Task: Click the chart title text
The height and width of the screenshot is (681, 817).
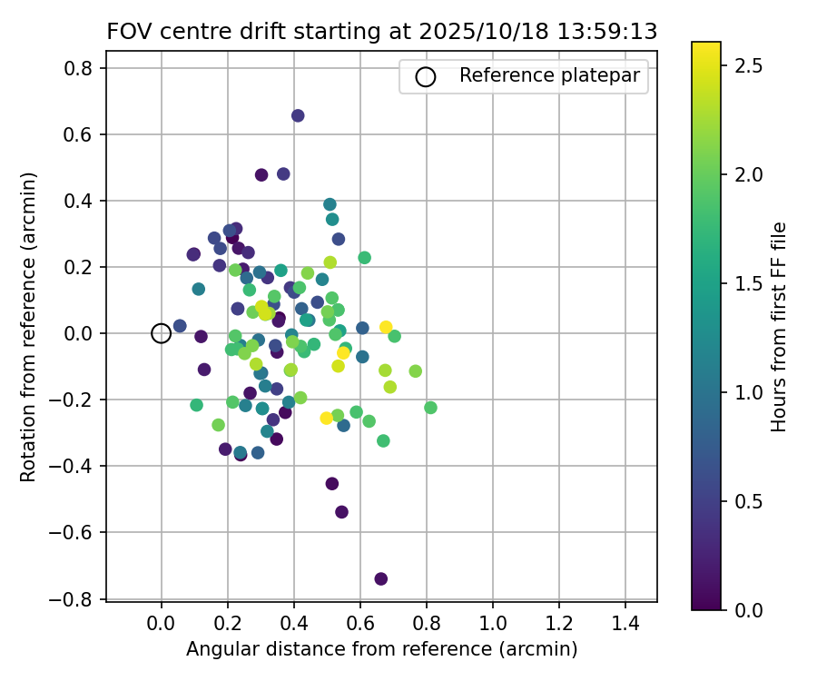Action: (381, 32)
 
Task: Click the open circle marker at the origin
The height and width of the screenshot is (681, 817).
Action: (161, 333)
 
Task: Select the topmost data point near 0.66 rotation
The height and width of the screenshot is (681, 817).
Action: (298, 115)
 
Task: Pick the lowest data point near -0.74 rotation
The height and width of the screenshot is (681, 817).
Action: (381, 578)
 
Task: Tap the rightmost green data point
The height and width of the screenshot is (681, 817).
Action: (430, 408)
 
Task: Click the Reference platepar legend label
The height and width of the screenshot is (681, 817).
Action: (554, 76)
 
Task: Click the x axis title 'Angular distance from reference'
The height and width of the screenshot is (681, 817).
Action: (381, 649)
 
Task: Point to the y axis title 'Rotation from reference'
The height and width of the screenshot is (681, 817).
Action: (29, 327)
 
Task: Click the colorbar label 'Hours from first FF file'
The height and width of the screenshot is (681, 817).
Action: (779, 327)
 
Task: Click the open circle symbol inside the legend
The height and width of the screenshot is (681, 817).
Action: (425, 77)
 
